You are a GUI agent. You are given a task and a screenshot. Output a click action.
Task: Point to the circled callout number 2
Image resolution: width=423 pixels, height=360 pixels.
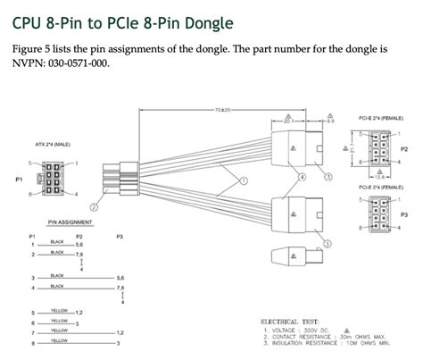pyautogui.click(x=94, y=205)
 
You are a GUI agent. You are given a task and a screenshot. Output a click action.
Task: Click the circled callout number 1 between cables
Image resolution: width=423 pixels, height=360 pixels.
pyautogui.click(x=238, y=181)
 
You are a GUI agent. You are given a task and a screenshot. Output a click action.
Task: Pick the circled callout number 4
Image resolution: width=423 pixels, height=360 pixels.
pyautogui.click(x=302, y=176)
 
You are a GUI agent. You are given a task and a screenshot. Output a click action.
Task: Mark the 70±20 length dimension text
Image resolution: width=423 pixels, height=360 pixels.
pyautogui.click(x=222, y=109)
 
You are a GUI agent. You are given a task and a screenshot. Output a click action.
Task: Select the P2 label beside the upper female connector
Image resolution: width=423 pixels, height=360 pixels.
pyautogui.click(x=404, y=150)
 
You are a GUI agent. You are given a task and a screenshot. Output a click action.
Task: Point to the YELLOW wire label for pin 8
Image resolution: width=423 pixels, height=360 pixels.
pyautogui.click(x=59, y=340)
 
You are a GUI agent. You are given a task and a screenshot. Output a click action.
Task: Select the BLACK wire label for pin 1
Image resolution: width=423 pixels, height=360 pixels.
pyautogui.click(x=57, y=242)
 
